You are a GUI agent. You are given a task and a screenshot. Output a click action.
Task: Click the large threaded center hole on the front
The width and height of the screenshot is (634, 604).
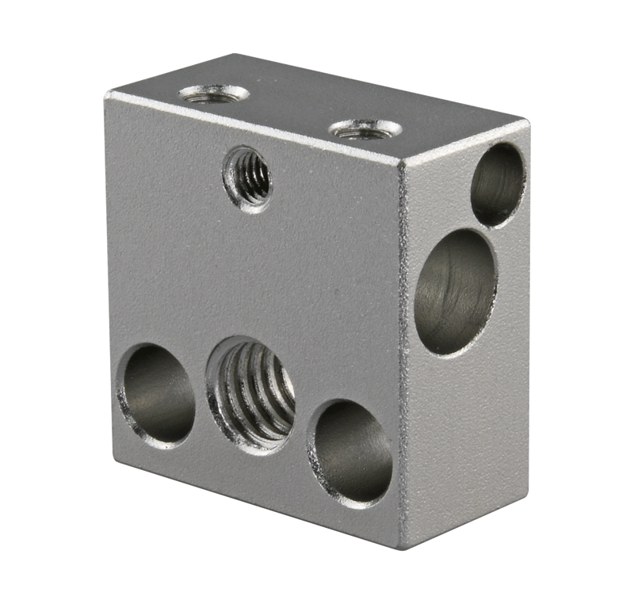250,392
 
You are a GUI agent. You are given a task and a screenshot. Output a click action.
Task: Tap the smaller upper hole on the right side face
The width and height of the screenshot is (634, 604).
498,184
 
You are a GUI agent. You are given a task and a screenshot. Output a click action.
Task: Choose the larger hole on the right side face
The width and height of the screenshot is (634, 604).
455,290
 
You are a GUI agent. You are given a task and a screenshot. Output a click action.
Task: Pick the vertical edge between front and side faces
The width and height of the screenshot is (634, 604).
401,357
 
